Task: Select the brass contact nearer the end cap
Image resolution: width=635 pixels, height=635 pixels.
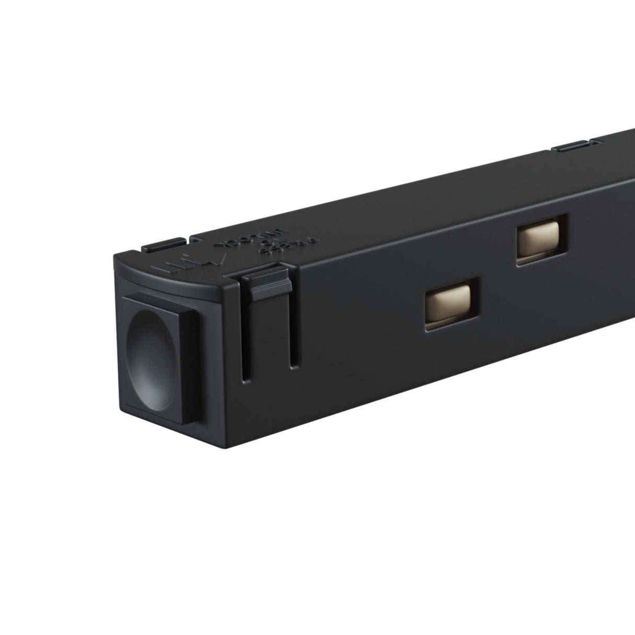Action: pyautogui.click(x=448, y=305)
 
